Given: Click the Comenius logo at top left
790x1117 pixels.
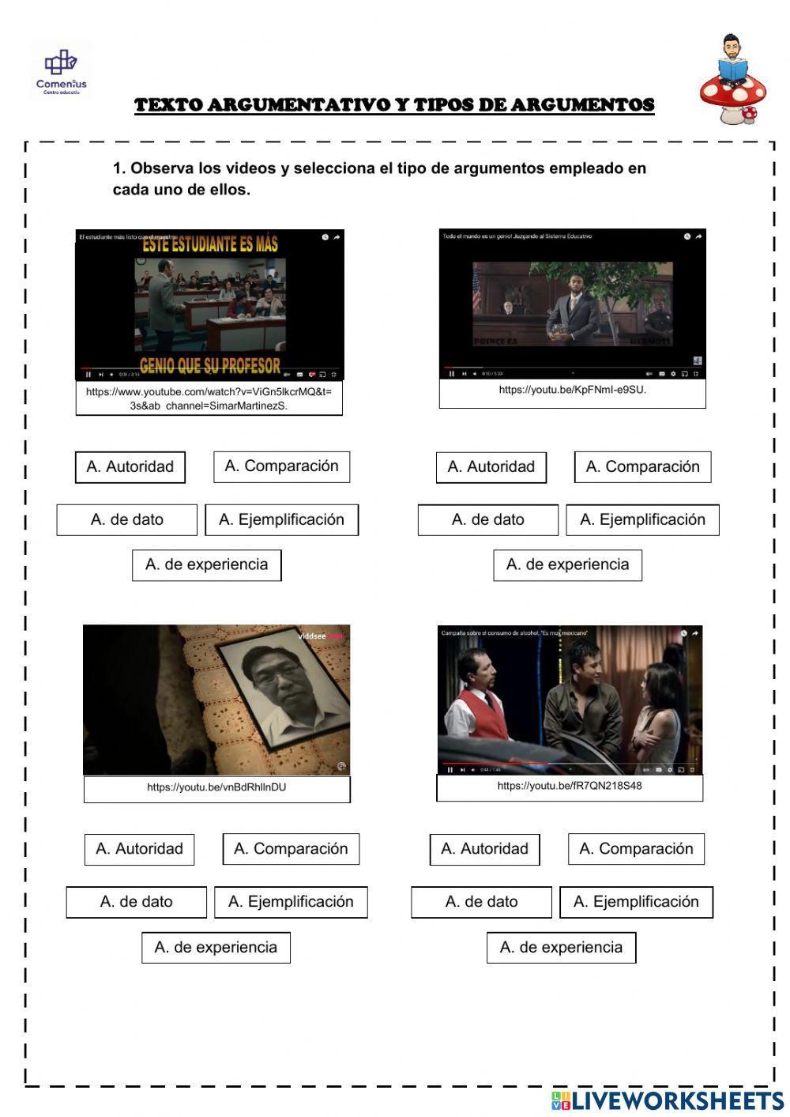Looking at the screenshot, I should click(61, 70).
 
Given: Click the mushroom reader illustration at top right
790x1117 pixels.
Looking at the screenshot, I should click(730, 81).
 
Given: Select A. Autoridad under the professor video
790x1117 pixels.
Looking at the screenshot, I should click(130, 466).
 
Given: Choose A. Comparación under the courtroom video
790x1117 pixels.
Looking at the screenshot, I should click(642, 466).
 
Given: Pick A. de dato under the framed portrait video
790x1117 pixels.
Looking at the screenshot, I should click(136, 902).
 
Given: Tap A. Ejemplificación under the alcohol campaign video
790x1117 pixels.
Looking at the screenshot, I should click(636, 902).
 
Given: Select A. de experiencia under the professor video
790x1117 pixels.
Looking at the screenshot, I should click(206, 564).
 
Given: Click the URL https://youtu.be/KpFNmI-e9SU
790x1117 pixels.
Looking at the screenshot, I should click(572, 390).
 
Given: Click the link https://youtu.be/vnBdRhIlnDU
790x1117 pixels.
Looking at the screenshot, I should click(216, 787).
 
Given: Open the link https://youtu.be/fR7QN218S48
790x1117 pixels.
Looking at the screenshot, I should click(569, 786).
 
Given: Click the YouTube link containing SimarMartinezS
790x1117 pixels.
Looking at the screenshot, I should click(209, 398).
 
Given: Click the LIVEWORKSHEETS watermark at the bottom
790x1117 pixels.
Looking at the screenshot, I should click(668, 1100).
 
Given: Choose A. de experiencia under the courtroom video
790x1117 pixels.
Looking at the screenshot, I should click(567, 564).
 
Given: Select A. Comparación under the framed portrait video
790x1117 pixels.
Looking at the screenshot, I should click(291, 849).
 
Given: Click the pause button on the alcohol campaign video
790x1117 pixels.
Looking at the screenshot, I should click(450, 769).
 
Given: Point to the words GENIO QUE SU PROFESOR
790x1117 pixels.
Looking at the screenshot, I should click(210, 365).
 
